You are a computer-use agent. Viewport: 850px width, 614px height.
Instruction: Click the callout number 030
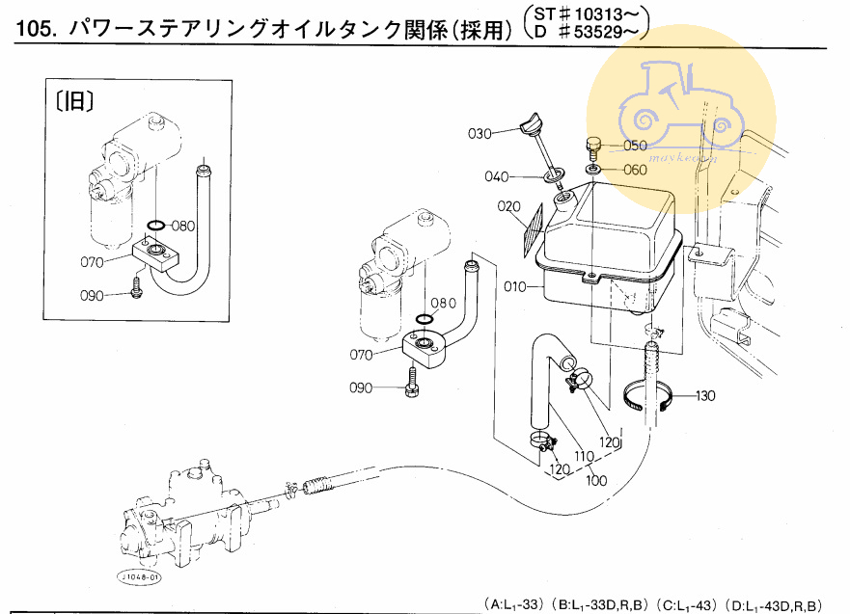pyautogui.click(x=480, y=132)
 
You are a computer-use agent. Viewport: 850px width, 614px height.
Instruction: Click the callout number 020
pyautogui.click(x=510, y=206)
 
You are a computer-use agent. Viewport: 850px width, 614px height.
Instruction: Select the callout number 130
pyautogui.click(x=707, y=396)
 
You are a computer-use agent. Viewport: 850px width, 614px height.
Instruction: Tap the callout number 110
pyautogui.click(x=584, y=456)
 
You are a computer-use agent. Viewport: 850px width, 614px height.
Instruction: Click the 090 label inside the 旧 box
pyautogui.click(x=93, y=296)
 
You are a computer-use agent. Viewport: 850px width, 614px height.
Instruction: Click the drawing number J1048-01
pyautogui.click(x=141, y=576)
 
